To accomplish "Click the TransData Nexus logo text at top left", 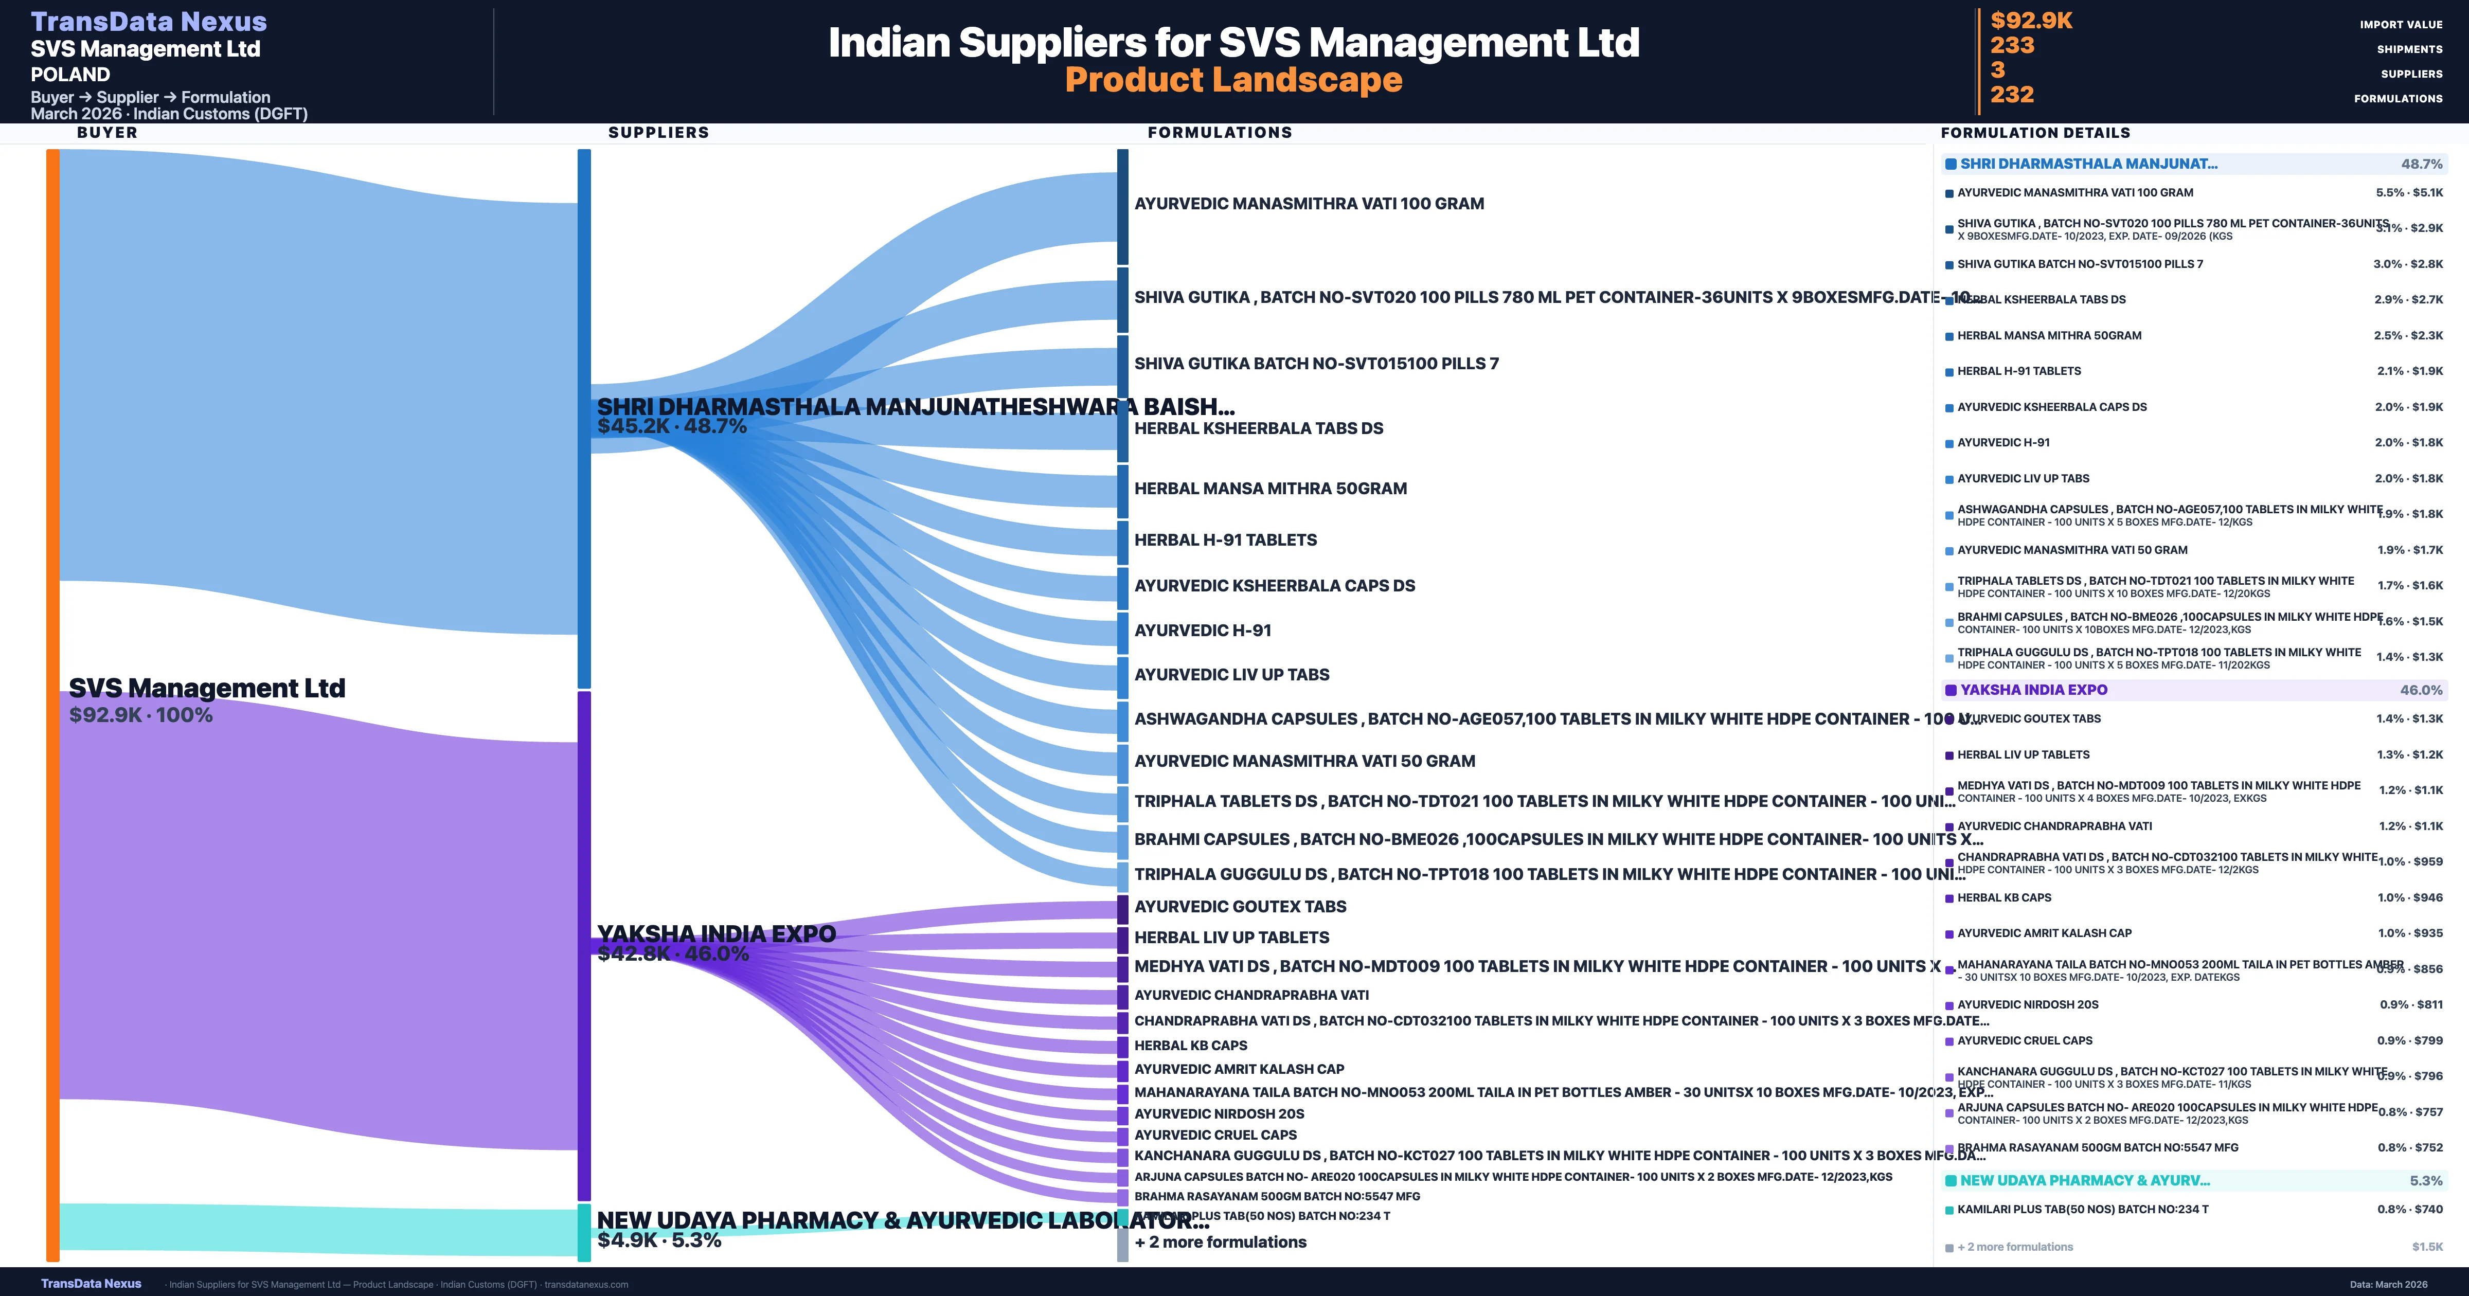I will [x=149, y=21].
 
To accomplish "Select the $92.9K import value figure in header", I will [x=2031, y=20].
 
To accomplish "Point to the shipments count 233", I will [x=2012, y=45].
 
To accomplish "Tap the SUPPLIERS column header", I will [x=658, y=132].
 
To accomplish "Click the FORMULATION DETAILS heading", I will [x=2035, y=132].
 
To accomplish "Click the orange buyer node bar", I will [x=52, y=705].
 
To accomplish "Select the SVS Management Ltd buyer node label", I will [x=207, y=688].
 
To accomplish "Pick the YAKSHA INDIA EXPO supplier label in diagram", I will [x=716, y=933].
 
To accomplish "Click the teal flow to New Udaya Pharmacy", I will [x=316, y=1228].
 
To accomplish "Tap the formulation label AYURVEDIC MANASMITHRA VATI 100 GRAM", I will [x=1308, y=203].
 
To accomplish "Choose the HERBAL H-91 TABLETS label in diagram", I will [x=1225, y=539].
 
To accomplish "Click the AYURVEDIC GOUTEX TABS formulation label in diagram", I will [x=1239, y=906].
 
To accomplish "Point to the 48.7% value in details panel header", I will [x=2421, y=164].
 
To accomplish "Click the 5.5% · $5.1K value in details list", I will [x=2409, y=193].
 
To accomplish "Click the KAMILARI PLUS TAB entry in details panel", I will [x=2082, y=1209].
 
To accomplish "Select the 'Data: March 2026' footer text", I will [x=2388, y=1284].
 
